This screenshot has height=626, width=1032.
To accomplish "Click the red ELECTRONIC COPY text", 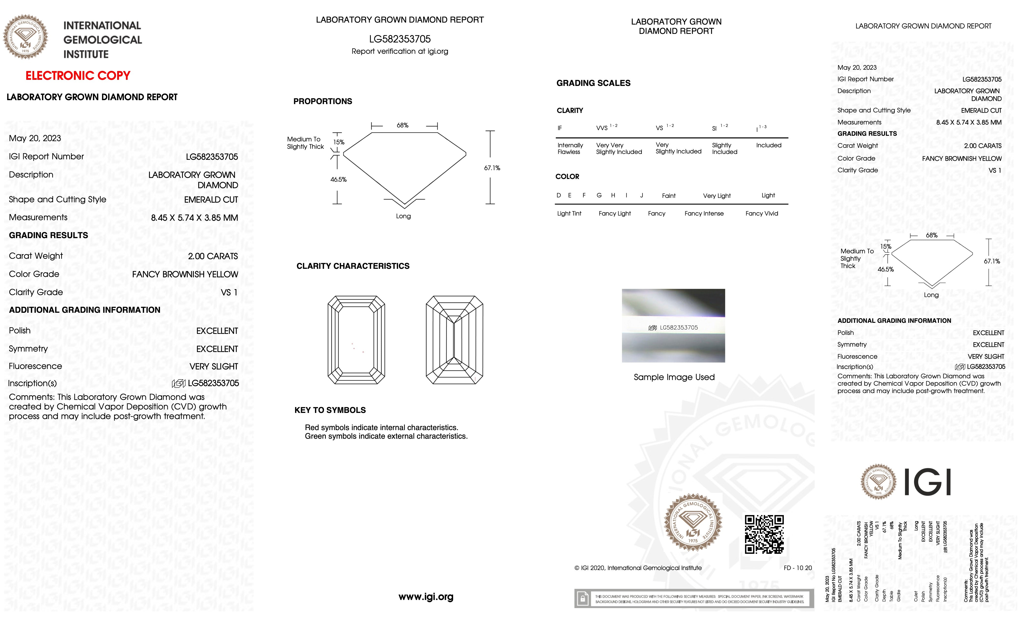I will (x=78, y=76).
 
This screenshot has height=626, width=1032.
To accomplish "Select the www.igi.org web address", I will (x=426, y=597).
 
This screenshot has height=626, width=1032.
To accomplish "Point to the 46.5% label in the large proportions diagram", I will (x=338, y=179).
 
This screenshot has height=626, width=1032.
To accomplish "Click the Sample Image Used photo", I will (x=673, y=326).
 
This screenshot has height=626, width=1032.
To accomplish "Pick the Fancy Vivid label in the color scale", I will (x=761, y=213).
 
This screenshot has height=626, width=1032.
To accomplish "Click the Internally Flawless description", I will (x=570, y=149).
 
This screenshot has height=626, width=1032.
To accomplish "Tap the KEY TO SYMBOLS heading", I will (x=330, y=410).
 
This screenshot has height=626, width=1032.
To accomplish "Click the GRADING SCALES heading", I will (x=593, y=83).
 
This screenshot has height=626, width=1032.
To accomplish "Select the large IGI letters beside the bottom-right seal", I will (x=927, y=482).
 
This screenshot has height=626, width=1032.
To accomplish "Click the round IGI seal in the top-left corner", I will (x=26, y=37).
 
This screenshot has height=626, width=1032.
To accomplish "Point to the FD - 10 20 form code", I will (x=797, y=568).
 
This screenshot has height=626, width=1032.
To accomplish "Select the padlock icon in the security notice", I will (x=582, y=599).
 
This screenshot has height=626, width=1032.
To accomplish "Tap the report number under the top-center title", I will (x=400, y=39).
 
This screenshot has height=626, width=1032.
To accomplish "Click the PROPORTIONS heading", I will (x=322, y=101).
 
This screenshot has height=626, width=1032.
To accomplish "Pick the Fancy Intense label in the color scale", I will (x=704, y=213).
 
